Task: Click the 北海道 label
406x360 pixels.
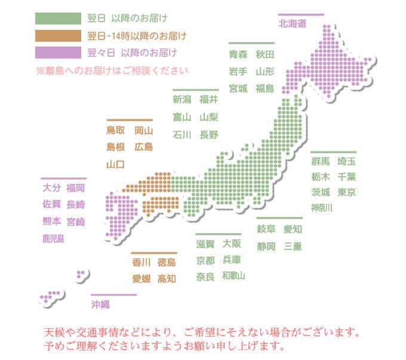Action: pos(292,24)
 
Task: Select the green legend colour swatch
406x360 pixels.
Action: pos(58,18)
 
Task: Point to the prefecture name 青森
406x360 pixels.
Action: pos(238,55)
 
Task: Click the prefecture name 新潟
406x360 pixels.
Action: pos(182,99)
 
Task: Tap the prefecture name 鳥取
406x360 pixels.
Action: pos(116,130)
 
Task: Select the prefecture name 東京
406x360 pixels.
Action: pos(347,192)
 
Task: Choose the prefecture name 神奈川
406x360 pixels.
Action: pos(321,208)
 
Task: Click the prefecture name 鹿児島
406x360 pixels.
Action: pos(53,239)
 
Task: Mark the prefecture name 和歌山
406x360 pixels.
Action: pos(233,276)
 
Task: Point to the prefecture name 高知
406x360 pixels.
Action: pos(167,279)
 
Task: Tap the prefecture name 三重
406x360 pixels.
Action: pos(293,246)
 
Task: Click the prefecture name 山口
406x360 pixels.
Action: pos(116,164)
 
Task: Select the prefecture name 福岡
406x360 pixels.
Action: pos(76,188)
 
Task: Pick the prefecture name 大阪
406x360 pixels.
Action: pos(232,244)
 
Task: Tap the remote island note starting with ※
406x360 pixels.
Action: pos(112,70)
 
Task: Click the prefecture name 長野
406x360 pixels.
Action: pos(210,134)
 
